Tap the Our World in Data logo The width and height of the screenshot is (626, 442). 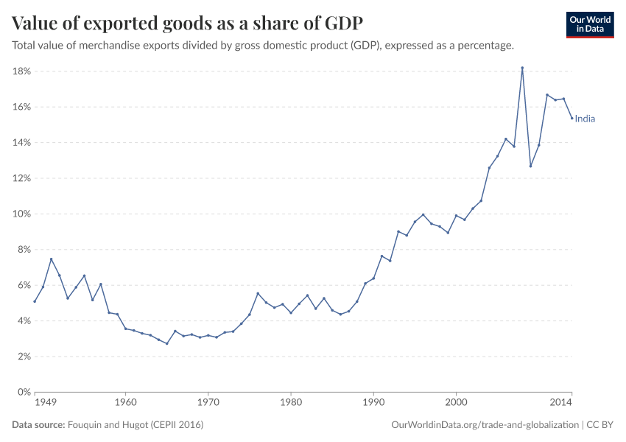[590, 24]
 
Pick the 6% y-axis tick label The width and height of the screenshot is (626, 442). [22, 285]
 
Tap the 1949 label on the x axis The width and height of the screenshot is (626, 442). [45, 403]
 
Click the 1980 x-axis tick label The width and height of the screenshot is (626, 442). [291, 403]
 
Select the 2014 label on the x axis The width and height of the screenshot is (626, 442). [562, 403]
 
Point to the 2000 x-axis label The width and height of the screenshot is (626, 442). [456, 403]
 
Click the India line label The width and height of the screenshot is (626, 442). [585, 119]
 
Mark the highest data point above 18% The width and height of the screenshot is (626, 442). [522, 68]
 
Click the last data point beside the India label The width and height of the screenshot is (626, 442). [572, 118]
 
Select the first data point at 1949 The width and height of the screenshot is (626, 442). [35, 301]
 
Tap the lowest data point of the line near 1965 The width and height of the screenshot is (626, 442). [167, 343]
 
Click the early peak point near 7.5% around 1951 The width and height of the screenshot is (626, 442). [51, 259]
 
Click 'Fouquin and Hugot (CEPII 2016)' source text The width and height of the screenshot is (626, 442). [135, 425]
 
